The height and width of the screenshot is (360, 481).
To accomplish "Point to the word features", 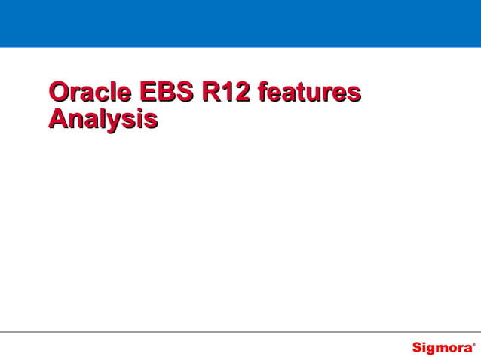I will point(308,93).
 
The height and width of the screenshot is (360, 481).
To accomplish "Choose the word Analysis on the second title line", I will point(103,119).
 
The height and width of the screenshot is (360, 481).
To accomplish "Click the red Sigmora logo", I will point(442,348).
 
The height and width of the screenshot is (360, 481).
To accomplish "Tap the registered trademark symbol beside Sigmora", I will point(474,344).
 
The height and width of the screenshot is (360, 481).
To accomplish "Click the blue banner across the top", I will point(240,23).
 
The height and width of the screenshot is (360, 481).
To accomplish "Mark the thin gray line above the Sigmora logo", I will point(240,332).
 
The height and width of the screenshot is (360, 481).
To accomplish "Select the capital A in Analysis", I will point(57,119).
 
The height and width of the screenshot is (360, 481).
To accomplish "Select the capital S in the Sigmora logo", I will point(417,348).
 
